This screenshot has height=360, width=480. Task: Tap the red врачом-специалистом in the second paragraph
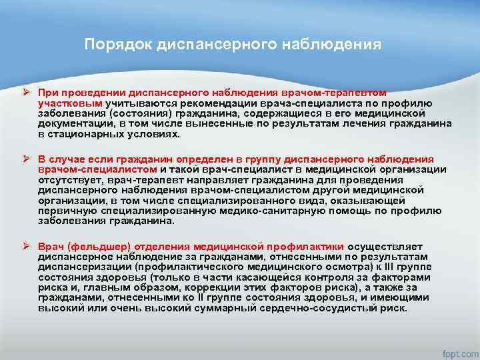(x=97, y=169)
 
